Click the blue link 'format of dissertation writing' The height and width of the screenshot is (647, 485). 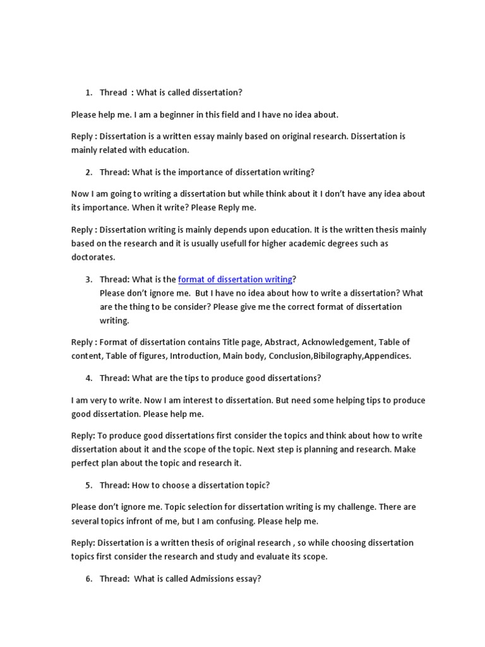(x=235, y=279)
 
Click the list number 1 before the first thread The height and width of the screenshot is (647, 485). (x=88, y=93)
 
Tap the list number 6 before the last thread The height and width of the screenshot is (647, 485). (x=88, y=579)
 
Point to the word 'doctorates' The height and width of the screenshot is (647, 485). (x=93, y=258)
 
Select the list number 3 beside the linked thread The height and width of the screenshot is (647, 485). (x=88, y=279)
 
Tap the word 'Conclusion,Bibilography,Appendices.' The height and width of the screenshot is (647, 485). (x=340, y=356)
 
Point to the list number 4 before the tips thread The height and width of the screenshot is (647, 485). (x=88, y=378)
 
